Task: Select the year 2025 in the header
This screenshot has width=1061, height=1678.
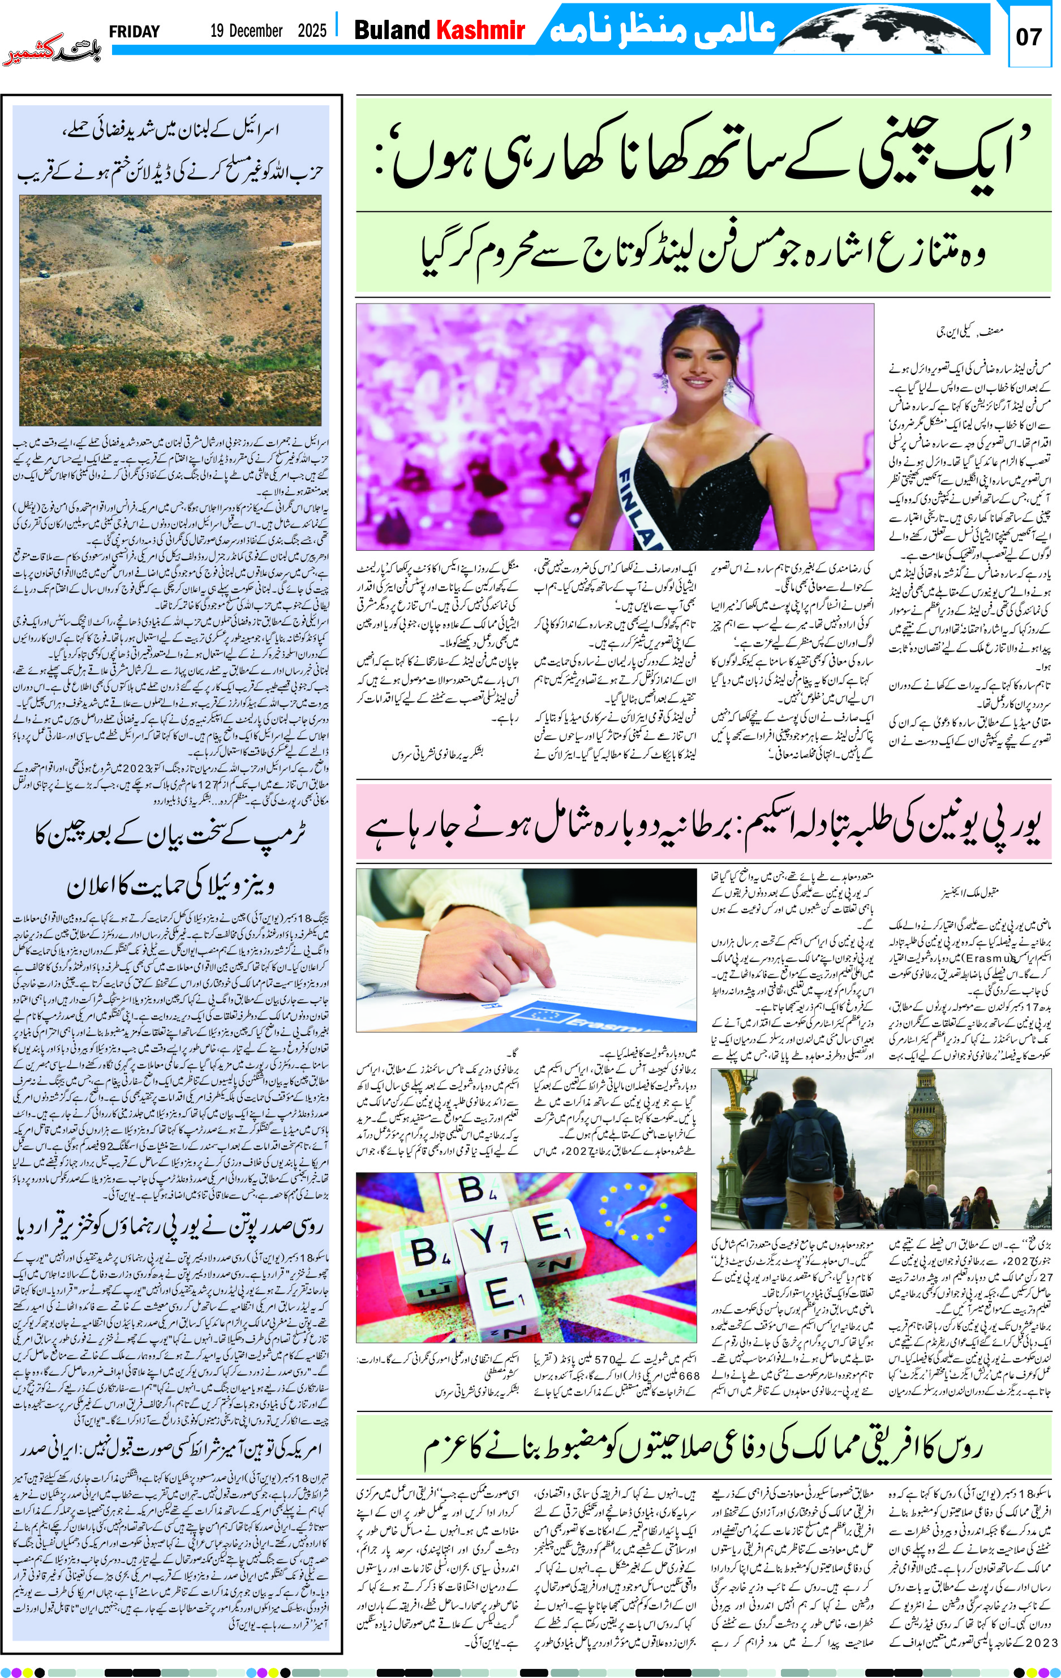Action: [x=312, y=31]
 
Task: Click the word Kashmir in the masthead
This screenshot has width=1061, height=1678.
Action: [x=480, y=30]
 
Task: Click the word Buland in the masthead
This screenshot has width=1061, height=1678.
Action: [x=392, y=30]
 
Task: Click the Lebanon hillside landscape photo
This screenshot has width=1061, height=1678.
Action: [x=170, y=310]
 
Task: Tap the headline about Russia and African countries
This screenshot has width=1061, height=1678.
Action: [x=703, y=1448]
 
